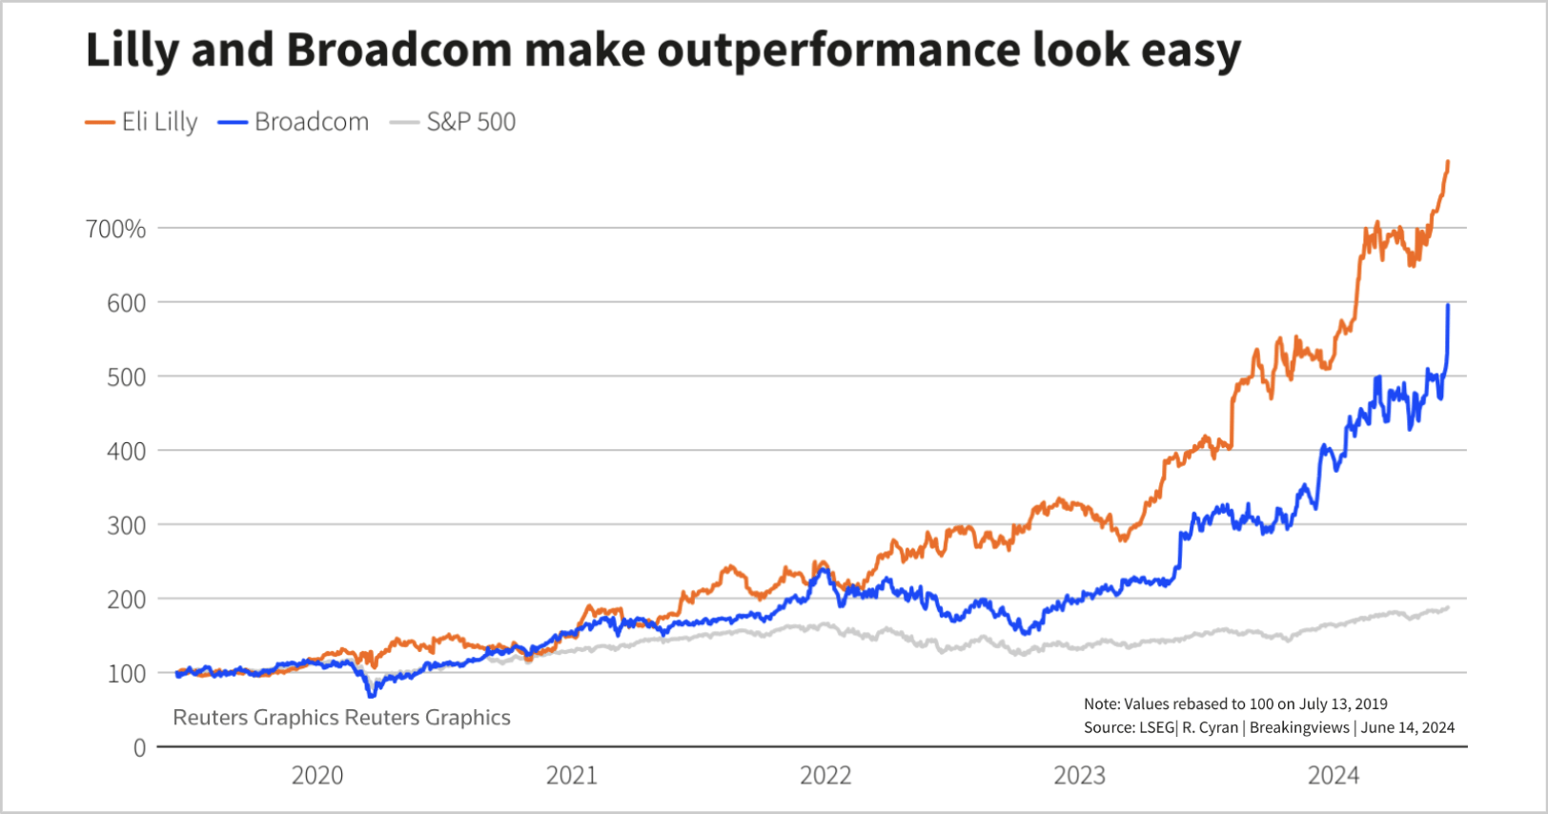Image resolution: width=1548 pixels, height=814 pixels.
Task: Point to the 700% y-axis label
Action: point(115,229)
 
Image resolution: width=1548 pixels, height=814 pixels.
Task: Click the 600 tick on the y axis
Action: point(126,303)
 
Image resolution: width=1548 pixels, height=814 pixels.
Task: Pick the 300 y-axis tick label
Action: point(126,525)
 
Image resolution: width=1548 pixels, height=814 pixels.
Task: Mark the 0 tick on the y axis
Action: point(139,748)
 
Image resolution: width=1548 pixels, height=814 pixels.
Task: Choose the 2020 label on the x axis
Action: point(317,775)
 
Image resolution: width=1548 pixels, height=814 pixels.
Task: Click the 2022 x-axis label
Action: point(825,775)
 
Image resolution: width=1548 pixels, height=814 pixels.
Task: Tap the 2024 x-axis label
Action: point(1334,775)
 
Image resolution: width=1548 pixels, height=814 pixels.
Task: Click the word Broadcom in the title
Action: point(399,50)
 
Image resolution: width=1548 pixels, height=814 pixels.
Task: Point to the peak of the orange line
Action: point(1448,162)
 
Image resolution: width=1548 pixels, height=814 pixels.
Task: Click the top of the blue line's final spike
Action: point(1448,305)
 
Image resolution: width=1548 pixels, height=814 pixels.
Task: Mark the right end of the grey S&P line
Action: point(1448,607)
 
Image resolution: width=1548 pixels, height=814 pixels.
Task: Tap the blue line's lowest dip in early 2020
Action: point(371,695)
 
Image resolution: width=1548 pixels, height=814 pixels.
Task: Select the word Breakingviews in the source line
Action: point(1299,727)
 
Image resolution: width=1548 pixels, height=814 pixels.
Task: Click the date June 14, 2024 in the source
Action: point(1408,727)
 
